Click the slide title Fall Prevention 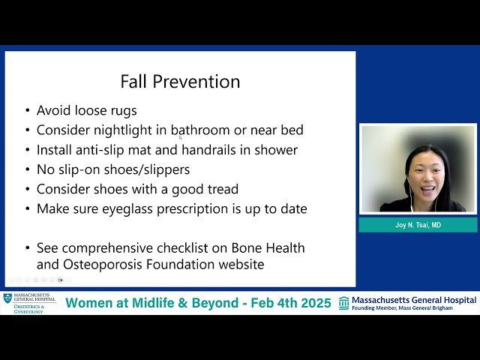click(x=180, y=81)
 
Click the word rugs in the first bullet click(x=121, y=110)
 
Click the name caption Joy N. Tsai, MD click(x=418, y=225)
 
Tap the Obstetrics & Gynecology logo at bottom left click(x=29, y=303)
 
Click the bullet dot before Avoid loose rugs click(x=28, y=111)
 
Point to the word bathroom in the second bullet click(x=202, y=130)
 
